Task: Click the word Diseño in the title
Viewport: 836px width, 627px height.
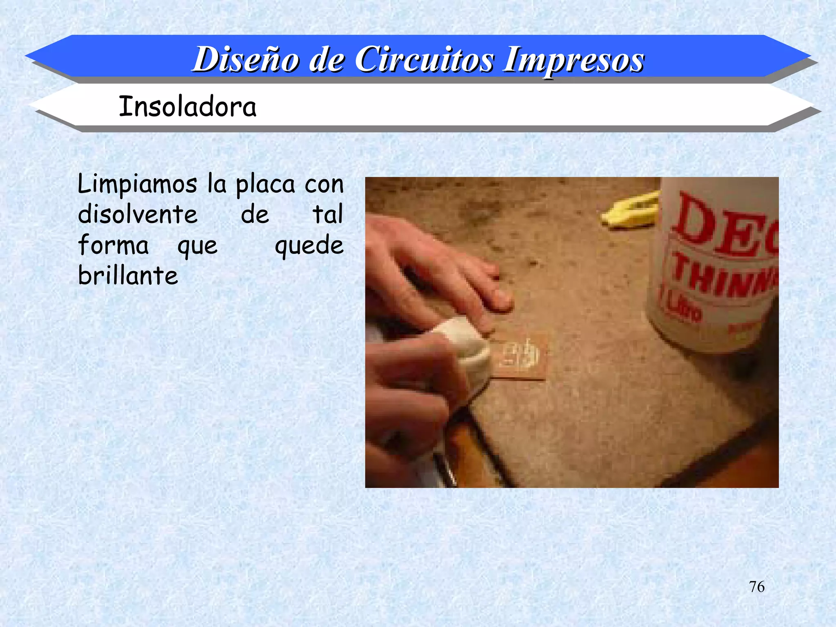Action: (x=245, y=60)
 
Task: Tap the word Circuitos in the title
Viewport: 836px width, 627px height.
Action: (x=424, y=60)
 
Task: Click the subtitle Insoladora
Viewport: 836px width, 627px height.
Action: (x=187, y=107)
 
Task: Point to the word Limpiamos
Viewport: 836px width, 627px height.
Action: (x=138, y=185)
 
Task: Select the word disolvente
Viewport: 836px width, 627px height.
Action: (x=138, y=214)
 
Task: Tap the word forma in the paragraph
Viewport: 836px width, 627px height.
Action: (x=113, y=245)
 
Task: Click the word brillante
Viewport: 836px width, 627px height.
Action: (x=128, y=276)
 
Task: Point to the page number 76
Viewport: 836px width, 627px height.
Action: (x=756, y=587)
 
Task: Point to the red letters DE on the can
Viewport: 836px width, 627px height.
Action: (x=723, y=225)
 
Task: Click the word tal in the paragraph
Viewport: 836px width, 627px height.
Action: (x=328, y=214)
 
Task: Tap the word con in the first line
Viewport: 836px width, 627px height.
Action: (x=324, y=185)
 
